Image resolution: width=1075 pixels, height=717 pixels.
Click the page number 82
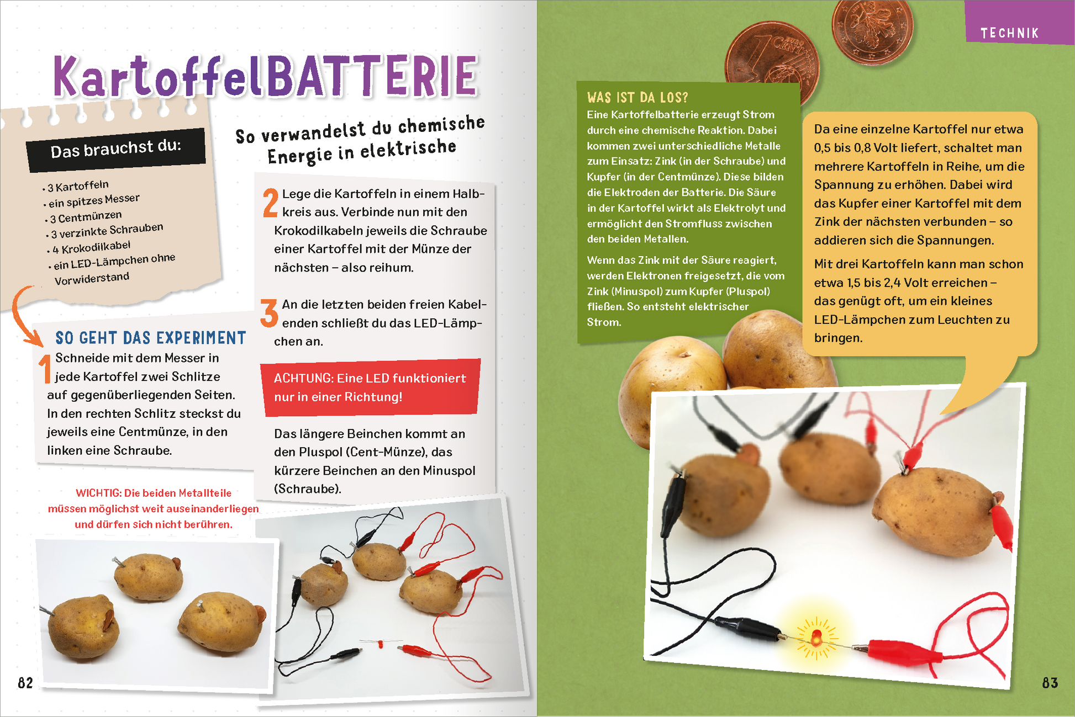tap(25, 683)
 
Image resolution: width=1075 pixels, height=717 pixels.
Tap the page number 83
tap(1050, 683)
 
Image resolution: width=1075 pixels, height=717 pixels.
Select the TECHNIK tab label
tap(1010, 33)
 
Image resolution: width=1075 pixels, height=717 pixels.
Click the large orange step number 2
tap(270, 203)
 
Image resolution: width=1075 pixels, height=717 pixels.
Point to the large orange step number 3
tap(269, 313)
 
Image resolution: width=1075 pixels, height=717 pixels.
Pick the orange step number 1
tap(45, 368)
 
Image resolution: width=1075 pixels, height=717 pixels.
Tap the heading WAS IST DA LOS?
tap(637, 98)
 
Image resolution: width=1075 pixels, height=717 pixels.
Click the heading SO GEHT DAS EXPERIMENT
tap(150, 338)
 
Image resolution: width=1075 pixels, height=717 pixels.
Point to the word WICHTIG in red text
tap(97, 493)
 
